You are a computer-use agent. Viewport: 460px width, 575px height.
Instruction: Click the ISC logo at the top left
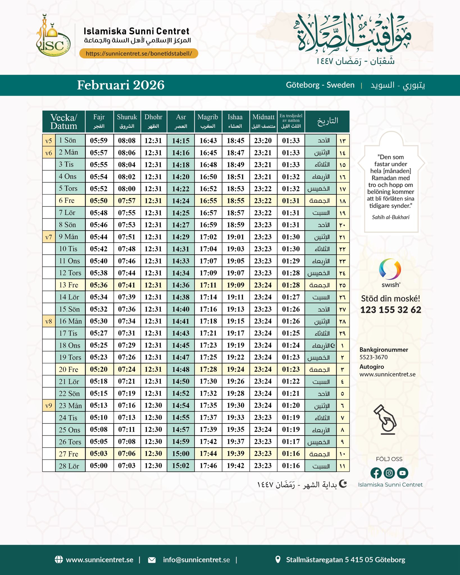pos(53,39)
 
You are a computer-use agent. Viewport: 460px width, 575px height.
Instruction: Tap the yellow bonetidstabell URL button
pos(139,53)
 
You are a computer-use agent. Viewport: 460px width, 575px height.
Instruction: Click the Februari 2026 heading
pos(121,85)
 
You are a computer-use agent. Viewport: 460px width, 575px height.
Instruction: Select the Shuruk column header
pos(127,121)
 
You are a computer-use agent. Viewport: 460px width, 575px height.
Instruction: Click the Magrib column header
pos(208,121)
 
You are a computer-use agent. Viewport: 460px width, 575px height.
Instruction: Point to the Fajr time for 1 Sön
pos(99,140)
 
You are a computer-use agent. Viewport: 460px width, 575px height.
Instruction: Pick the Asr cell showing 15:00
pos(181,454)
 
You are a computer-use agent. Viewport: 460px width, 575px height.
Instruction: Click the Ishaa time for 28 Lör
pos(235,466)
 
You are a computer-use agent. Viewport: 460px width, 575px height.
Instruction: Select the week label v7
pos(49,237)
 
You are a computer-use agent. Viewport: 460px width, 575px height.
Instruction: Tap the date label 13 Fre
pos(69,285)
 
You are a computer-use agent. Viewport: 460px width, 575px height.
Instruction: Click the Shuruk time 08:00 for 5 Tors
pos(127,189)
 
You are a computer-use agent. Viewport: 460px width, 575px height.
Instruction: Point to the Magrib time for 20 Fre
pos(208,369)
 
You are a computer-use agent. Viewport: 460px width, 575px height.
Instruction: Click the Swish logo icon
pos(390,269)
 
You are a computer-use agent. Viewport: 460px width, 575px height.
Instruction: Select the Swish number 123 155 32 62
pos(391,310)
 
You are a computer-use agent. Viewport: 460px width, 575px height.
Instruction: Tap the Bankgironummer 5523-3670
pos(374,357)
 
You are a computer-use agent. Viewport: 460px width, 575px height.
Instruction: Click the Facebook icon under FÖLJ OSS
pos(376,473)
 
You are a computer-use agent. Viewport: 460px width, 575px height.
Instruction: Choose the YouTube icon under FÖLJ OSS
pos(402,473)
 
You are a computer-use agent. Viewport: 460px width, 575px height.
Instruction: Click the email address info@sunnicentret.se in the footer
pos(196,560)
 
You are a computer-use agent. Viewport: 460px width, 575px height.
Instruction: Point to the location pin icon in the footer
pos(278,559)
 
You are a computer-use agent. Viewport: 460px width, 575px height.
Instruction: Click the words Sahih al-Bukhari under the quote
pos(391,217)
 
